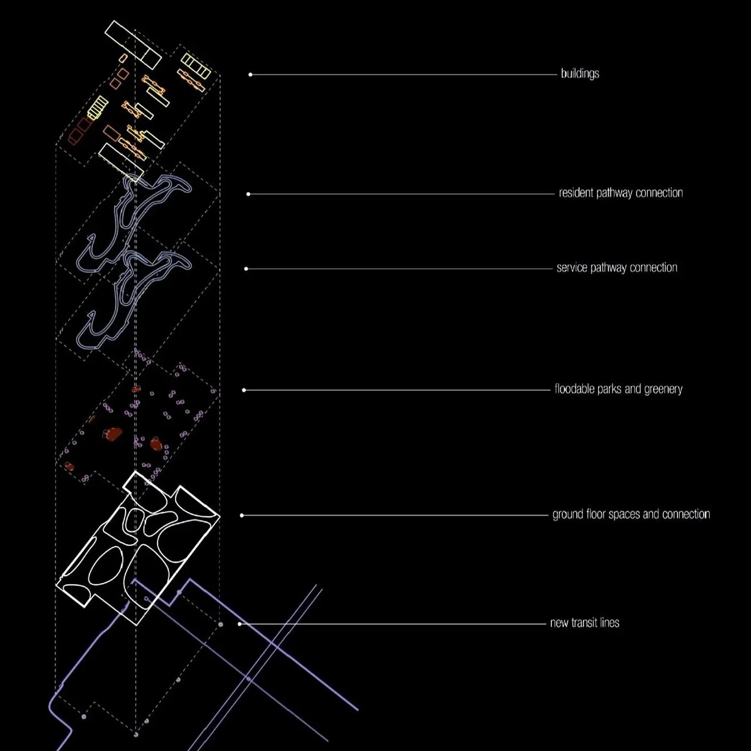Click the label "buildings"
580,73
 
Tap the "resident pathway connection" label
620,193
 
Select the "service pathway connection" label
617,268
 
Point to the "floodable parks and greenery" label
618,389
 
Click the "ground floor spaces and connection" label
631,514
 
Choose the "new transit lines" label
585,623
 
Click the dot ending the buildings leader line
250,75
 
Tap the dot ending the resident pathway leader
248,194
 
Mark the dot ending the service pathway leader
246,269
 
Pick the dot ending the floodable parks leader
244,390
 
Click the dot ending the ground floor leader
242,515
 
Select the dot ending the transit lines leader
240,624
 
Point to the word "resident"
576,193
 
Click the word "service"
572,268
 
